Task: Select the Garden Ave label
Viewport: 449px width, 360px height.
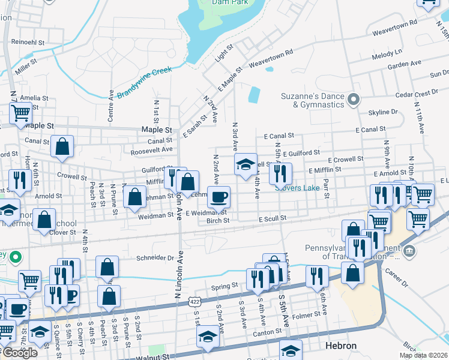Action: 405,64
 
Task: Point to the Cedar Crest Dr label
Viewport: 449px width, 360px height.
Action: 417,94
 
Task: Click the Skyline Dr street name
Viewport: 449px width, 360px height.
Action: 383,112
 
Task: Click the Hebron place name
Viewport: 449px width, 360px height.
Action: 340,346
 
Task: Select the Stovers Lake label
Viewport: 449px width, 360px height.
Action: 298,188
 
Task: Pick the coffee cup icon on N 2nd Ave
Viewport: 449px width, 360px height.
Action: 219,196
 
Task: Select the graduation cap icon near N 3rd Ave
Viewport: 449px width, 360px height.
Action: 245,164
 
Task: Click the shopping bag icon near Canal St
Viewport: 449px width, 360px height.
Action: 62,146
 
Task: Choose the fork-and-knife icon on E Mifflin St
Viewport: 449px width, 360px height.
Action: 280,173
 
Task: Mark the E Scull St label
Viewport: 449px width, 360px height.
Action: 273,220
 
